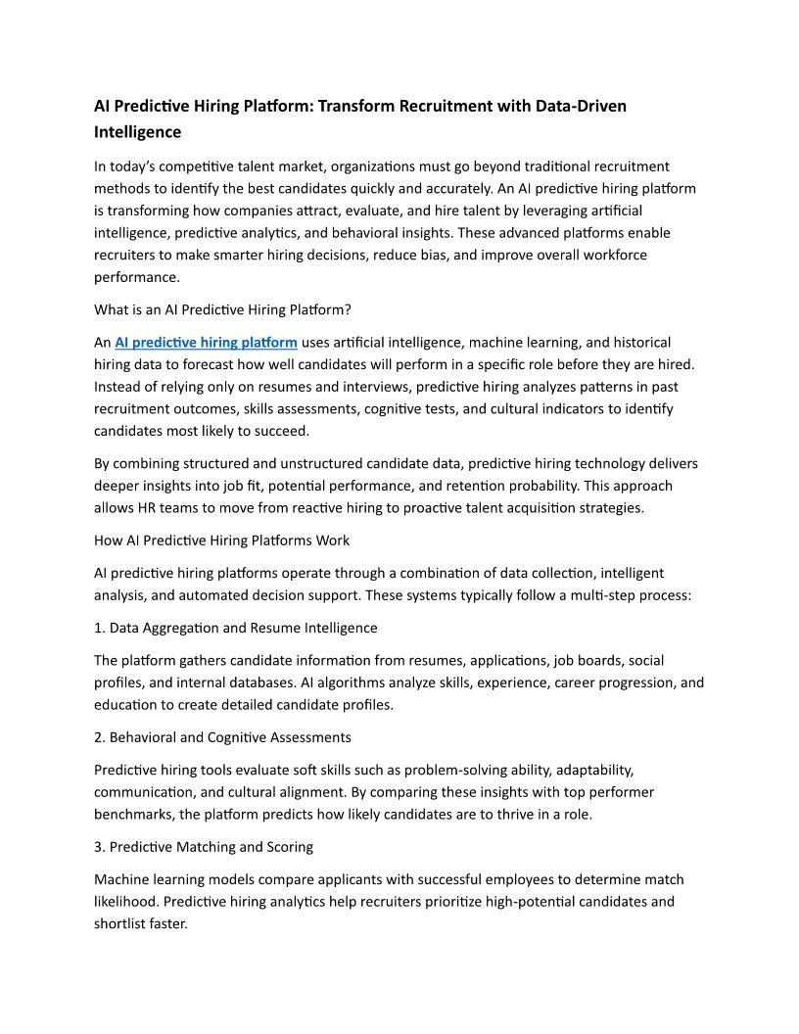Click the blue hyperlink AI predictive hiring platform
pos(206,342)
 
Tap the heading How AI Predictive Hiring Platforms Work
pos(221,540)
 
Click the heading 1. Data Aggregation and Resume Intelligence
pos(235,628)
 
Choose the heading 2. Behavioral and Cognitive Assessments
pos(222,736)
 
